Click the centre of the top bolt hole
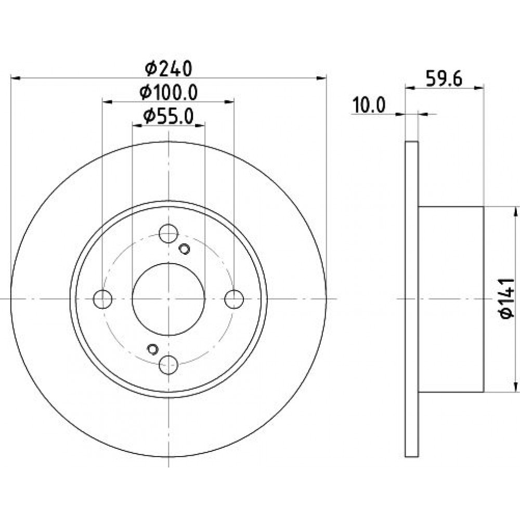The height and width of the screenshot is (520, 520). pos(168,233)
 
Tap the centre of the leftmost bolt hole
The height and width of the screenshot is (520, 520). pos(103,299)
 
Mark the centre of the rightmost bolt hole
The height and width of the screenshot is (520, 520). pos(234,299)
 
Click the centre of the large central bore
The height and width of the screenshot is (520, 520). pos(168,299)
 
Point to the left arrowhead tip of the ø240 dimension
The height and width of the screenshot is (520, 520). pos(11,78)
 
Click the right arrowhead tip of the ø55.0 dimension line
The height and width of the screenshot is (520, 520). pos(204,125)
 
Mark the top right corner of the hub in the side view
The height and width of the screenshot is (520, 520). pos(484,206)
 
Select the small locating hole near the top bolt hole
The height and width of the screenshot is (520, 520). pos(185,249)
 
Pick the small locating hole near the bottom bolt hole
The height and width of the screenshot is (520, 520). pos(152,349)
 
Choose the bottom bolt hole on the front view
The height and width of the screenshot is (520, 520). pos(168,365)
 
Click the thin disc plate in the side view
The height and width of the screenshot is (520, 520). pos(411,299)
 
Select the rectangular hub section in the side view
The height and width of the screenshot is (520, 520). pos(451,299)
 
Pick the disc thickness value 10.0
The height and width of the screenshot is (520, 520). pos(369,105)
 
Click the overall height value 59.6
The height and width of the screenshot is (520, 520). pos(444,79)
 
